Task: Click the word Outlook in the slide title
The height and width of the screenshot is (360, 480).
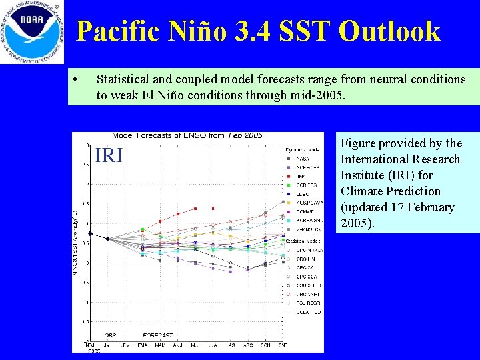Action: (x=389, y=31)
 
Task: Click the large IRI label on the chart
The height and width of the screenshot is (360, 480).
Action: (x=109, y=156)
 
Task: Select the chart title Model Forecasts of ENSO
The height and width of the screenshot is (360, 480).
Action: (x=159, y=135)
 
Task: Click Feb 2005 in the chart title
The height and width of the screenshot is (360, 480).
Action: (x=245, y=135)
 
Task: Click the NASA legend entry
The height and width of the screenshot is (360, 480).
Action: (x=297, y=159)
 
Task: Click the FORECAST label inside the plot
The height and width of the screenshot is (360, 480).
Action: (x=158, y=335)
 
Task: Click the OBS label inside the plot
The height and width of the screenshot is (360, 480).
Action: (x=111, y=335)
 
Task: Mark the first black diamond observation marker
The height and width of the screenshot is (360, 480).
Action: (x=91, y=233)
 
